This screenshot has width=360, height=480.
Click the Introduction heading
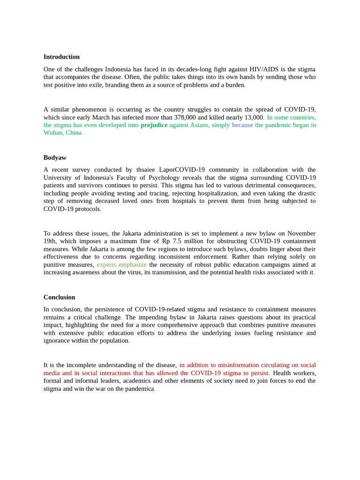[61, 57]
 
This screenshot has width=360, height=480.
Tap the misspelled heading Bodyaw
[55, 157]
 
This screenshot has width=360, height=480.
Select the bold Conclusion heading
[59, 297]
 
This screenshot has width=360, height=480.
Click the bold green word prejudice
[154, 125]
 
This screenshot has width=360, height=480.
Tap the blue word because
[242, 125]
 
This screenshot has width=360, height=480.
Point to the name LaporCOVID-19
[183, 170]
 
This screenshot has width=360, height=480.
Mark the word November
[301, 233]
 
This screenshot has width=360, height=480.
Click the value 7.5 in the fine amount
[176, 241]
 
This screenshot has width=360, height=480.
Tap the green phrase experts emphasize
[121, 264]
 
